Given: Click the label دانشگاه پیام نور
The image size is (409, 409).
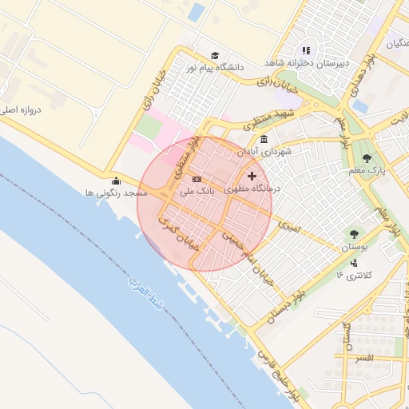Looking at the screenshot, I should coord(215,68).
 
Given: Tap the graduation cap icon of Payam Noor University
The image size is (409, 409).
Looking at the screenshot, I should coord(213,53).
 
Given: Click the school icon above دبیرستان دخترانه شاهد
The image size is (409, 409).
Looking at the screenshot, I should coord(306,50).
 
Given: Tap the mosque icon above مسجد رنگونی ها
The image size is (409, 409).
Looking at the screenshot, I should coord(117,181).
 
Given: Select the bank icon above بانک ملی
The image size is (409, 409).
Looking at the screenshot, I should coord(197,179).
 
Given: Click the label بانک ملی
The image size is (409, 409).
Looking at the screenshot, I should coord(197,191).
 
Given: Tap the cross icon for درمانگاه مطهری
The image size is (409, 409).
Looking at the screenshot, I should coord(252,176).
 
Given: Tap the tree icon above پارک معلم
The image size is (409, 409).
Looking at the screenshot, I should coord(367,157).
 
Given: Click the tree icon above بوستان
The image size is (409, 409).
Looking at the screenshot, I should coord(354,234).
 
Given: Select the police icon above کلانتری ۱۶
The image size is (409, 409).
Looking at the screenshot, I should coord(355,262).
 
